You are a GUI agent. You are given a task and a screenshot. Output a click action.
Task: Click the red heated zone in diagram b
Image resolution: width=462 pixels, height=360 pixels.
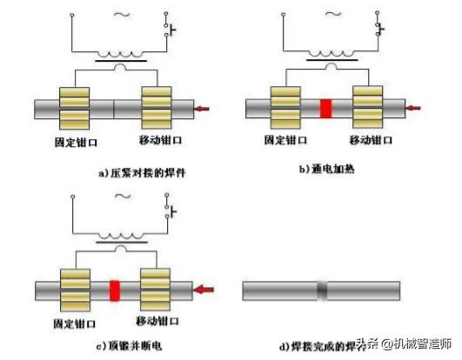tap(326, 108)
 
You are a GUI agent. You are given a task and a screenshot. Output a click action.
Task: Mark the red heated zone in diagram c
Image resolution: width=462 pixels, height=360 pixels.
tap(113, 289)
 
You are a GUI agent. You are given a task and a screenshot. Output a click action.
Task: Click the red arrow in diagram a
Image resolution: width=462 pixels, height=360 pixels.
tap(202, 109)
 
